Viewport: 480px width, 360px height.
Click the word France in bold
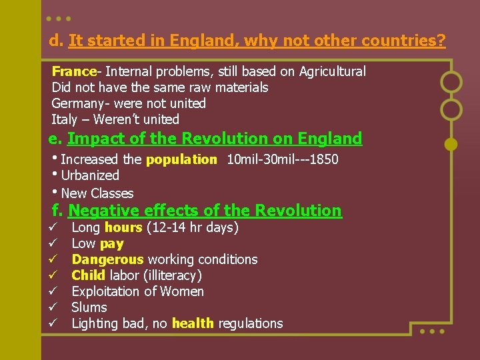point(74,71)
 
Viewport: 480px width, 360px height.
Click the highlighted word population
point(181,160)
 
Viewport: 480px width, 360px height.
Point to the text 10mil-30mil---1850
point(282,160)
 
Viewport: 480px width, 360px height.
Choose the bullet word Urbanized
point(90,176)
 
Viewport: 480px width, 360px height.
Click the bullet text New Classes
point(97,193)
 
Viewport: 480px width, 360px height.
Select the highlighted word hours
point(123,227)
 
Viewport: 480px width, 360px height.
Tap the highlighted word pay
point(112,243)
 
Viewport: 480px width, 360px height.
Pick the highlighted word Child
point(88,275)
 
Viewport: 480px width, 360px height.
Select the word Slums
point(89,307)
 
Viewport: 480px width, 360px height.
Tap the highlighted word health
point(193,323)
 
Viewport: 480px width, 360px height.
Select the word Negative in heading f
point(98,211)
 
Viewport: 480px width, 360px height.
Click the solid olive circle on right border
point(451,143)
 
